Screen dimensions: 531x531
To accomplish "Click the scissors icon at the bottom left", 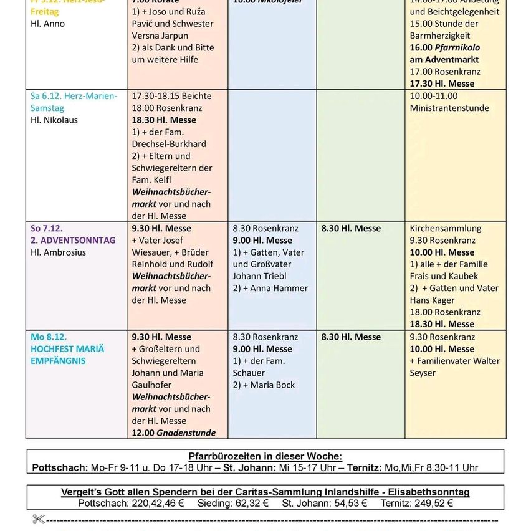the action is [39, 519].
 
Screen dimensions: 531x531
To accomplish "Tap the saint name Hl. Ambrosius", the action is [58, 252].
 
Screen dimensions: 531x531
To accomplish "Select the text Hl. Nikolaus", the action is [54, 120].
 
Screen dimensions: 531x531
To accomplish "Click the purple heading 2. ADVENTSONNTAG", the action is [73, 241].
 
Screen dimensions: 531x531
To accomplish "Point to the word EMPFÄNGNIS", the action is [58, 361].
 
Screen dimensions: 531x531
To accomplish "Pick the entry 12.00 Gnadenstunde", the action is [174, 433].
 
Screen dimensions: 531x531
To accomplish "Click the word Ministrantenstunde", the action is [449, 108].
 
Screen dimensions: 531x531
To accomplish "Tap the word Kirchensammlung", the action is [446, 229].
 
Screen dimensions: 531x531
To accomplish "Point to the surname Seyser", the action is [423, 373].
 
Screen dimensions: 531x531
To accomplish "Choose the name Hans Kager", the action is [433, 300].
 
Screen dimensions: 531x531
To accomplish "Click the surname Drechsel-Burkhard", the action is [169, 144].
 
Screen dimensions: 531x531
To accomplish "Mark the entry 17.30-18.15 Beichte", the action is [171, 97].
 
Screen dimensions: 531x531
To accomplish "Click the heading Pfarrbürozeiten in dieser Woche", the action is [265, 457].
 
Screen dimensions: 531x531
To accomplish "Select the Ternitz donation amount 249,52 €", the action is [429, 504].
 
